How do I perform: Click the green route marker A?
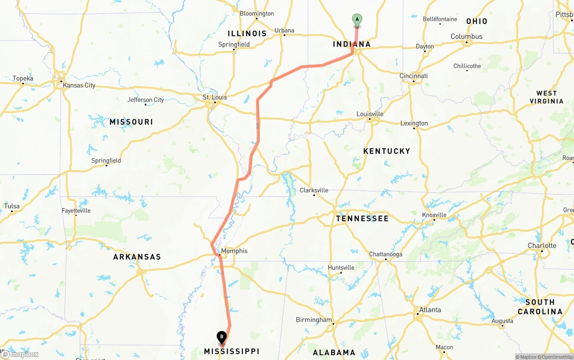tap(357, 20)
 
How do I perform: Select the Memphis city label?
tap(234, 251)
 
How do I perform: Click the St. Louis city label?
tap(215, 97)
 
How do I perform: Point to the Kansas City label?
tap(79, 85)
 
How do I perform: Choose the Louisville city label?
tap(370, 114)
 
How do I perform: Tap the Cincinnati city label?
tap(413, 76)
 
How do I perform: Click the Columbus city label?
tap(466, 37)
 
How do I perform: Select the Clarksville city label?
tap(314, 190)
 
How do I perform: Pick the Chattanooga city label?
tap(386, 254)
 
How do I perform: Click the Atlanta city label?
tap(430, 310)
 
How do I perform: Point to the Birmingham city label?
tap(314, 320)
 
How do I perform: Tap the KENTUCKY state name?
tap(387, 151)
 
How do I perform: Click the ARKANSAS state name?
tap(137, 257)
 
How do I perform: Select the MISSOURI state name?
tap(131, 122)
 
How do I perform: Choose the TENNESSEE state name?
tap(362, 218)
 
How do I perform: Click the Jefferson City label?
tap(146, 100)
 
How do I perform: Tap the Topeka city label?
tap(23, 78)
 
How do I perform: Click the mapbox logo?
tap(20, 355)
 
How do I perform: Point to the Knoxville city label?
tap(434, 215)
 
